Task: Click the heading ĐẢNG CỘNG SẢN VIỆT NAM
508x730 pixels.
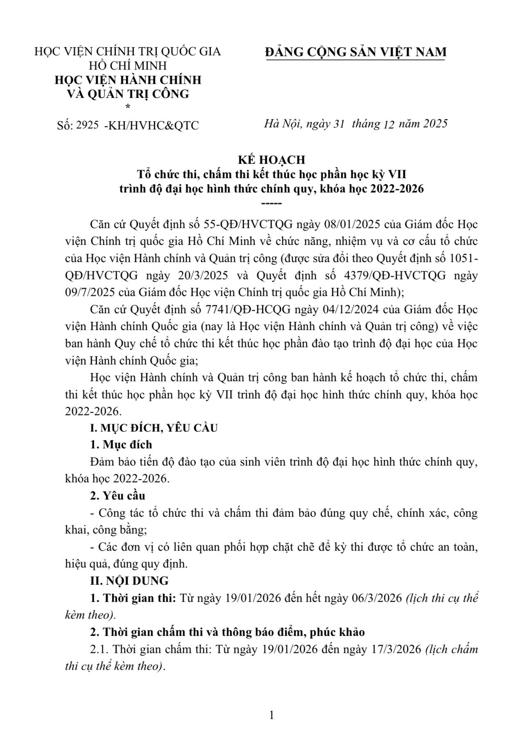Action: [x=356, y=52]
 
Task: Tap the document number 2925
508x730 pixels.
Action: [x=87, y=125]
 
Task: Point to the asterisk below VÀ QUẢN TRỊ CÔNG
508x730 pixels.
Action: [x=128, y=107]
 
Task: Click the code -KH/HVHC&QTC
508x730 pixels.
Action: [x=152, y=125]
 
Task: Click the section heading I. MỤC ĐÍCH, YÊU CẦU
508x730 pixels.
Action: [x=154, y=428]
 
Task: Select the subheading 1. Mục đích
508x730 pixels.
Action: [x=121, y=445]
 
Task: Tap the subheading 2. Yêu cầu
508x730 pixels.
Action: [x=118, y=495]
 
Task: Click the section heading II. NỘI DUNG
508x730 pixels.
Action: [x=129, y=581]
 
